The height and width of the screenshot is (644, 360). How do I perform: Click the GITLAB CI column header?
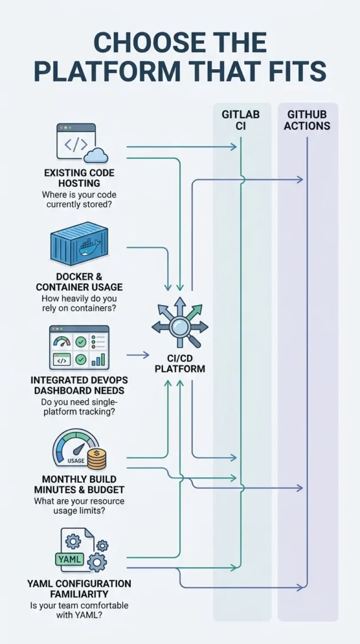[x=240, y=119]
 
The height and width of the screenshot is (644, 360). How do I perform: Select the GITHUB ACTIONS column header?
[x=307, y=119]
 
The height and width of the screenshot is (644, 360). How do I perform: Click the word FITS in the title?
[x=295, y=70]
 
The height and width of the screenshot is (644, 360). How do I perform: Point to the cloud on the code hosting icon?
[x=95, y=155]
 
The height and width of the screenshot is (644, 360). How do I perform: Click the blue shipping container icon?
[x=79, y=243]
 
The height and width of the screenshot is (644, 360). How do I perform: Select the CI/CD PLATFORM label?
[x=180, y=364]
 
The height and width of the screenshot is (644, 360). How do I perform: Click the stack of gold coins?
[x=97, y=459]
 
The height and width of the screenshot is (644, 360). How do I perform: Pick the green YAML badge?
[x=69, y=559]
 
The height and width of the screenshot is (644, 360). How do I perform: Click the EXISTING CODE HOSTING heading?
[x=79, y=177]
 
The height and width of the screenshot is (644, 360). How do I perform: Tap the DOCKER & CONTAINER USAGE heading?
[x=79, y=281]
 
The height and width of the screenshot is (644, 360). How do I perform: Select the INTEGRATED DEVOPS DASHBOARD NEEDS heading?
[x=79, y=385]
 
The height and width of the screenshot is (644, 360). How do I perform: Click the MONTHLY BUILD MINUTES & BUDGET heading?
[x=79, y=484]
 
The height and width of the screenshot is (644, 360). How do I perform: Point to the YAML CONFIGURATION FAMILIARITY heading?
[x=79, y=589]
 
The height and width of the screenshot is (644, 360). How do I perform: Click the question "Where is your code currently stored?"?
[x=79, y=199]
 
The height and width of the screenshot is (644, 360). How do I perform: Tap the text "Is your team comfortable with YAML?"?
[x=79, y=610]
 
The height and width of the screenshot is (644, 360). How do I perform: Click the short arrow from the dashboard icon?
[x=138, y=355]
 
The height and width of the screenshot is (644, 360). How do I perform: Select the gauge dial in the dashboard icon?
[x=62, y=341]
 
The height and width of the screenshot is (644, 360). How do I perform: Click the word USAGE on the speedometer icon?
[x=76, y=460]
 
